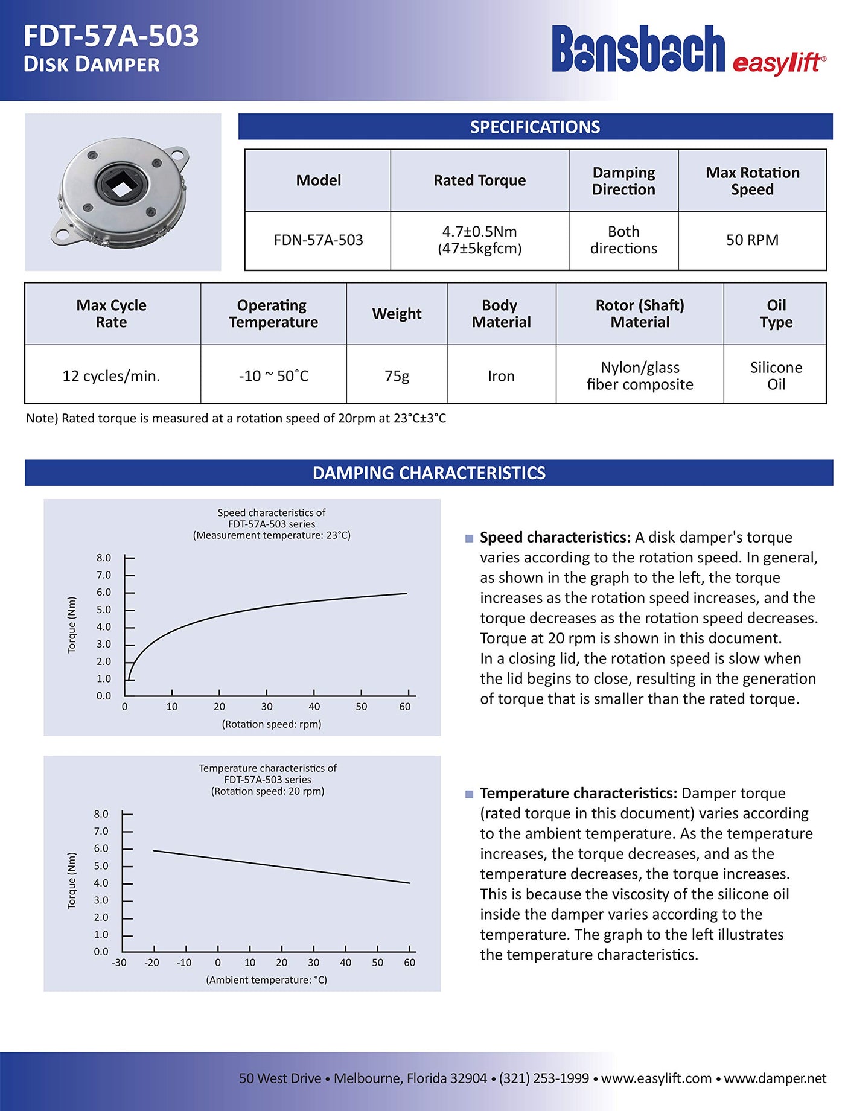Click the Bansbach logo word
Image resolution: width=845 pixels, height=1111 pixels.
pos(638,49)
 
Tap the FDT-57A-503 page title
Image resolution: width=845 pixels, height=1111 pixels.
pos(111,36)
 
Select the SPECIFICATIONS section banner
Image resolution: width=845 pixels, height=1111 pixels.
pos(535,127)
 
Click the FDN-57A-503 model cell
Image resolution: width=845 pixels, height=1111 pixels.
pos(318,240)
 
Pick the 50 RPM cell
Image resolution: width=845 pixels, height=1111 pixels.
pos(752,240)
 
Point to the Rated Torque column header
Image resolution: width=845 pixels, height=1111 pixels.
pos(479,180)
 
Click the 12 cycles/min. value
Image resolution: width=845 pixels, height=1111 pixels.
pos(112,376)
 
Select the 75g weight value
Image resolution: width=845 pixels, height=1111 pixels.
pos(397,376)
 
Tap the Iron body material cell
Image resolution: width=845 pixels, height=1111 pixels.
pos(501,376)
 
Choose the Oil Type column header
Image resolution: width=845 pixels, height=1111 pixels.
pos(776,314)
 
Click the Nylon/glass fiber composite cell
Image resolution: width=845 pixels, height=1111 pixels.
pos(640,376)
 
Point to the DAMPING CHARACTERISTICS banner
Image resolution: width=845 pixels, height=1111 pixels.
pos(429,473)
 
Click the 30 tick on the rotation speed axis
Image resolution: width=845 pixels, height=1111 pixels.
pos(267,707)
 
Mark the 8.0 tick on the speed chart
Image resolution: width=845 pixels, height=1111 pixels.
pos(104,558)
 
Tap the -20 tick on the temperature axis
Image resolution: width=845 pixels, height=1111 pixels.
pos(152,963)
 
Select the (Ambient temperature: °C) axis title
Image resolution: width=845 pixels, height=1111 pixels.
pos(267,980)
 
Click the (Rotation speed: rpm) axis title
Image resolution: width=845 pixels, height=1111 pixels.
pos(272,724)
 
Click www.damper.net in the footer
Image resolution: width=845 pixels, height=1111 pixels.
pos(775,1078)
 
